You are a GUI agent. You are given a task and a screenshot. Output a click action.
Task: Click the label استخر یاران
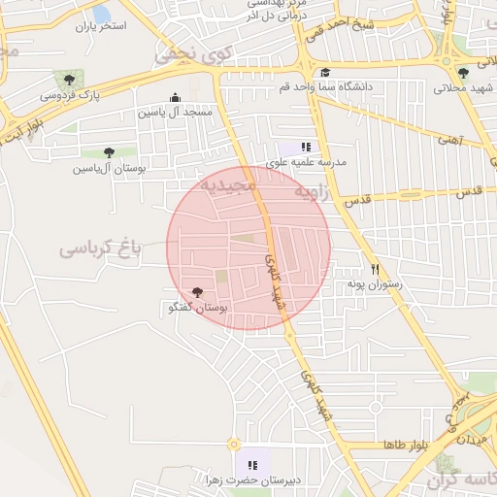(x=101, y=26)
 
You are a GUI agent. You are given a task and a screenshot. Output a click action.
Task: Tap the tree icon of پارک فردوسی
(x=68, y=79)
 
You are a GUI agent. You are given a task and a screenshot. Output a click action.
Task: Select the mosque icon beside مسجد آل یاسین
(x=175, y=97)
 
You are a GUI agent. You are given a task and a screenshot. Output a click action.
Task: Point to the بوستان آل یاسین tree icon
(x=108, y=152)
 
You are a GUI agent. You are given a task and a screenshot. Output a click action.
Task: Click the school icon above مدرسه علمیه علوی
(x=306, y=147)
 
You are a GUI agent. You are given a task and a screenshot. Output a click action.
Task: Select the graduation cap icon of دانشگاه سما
(x=324, y=72)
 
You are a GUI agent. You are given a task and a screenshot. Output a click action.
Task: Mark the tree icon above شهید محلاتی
(x=463, y=72)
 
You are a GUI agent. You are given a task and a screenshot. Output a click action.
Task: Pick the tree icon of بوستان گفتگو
(x=197, y=292)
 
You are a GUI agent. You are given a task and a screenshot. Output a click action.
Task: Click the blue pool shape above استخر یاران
(x=101, y=14)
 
